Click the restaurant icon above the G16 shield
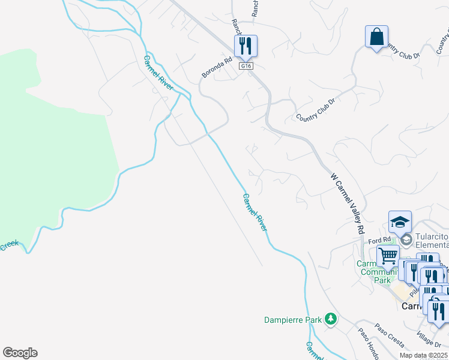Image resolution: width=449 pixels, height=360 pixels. (245, 46)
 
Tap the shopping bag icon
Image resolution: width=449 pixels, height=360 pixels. (376, 37)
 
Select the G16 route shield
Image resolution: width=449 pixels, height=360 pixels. (245, 65)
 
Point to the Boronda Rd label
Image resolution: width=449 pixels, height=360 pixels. (217, 68)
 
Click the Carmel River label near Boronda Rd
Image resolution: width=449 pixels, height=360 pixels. (158, 73)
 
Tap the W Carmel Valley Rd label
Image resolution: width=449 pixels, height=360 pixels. (348, 204)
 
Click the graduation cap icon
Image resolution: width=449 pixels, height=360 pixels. (400, 223)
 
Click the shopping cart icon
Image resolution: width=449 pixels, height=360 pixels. (388, 256)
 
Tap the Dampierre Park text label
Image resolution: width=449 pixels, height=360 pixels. (293, 320)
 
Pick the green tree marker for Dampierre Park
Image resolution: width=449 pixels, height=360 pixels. (330, 319)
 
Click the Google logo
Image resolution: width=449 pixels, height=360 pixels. (20, 353)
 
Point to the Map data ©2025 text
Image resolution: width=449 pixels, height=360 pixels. (423, 355)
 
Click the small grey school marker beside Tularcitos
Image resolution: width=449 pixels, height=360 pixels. (406, 240)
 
